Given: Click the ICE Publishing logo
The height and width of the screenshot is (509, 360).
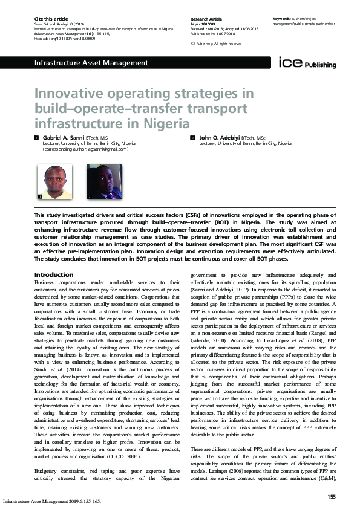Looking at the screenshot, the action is pyautogui.click(x=302, y=62).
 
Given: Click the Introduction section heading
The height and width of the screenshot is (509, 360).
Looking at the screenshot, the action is pyautogui.click(x=54, y=275).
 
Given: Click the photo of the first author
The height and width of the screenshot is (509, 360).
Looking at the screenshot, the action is pyautogui.click(x=55, y=182).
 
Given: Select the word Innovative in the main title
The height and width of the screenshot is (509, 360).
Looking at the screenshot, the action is pyautogui.click(x=67, y=95).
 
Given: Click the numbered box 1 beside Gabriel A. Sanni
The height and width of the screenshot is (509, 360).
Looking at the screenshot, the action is pyautogui.click(x=37, y=138).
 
